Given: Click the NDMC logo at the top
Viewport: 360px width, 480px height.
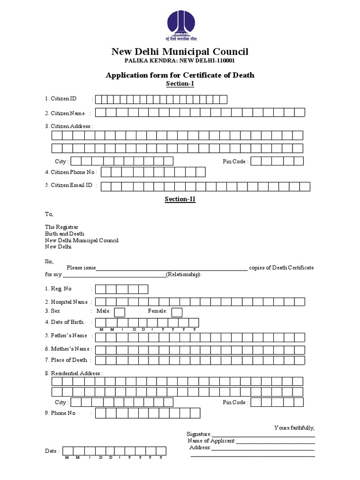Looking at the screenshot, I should tap(180, 25).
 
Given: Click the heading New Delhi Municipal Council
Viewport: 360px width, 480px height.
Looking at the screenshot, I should tap(180, 52).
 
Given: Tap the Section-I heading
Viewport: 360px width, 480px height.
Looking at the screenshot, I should tap(180, 84).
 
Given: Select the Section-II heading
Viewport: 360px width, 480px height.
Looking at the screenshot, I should tap(180, 199).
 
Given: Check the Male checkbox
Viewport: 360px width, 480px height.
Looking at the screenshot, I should tap(120, 312).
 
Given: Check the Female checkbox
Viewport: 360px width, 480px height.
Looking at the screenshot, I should tap(177, 312).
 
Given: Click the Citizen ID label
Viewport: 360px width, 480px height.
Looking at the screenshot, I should tap(61, 99).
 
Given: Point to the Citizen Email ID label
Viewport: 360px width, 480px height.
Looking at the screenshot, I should tap(69, 186).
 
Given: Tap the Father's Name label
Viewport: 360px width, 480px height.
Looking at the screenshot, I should tap(66, 336).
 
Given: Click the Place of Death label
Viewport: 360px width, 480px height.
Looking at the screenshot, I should tap(66, 360).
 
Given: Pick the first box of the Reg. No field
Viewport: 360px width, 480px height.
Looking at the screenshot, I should tap(101, 289).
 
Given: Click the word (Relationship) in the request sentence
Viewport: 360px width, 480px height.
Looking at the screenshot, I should tap(184, 274).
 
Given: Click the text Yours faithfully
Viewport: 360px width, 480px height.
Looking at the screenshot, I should tap(294, 428).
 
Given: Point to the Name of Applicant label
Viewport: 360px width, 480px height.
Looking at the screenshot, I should tap(211, 441).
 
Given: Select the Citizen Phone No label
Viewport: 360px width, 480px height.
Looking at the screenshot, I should tap(70, 172).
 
